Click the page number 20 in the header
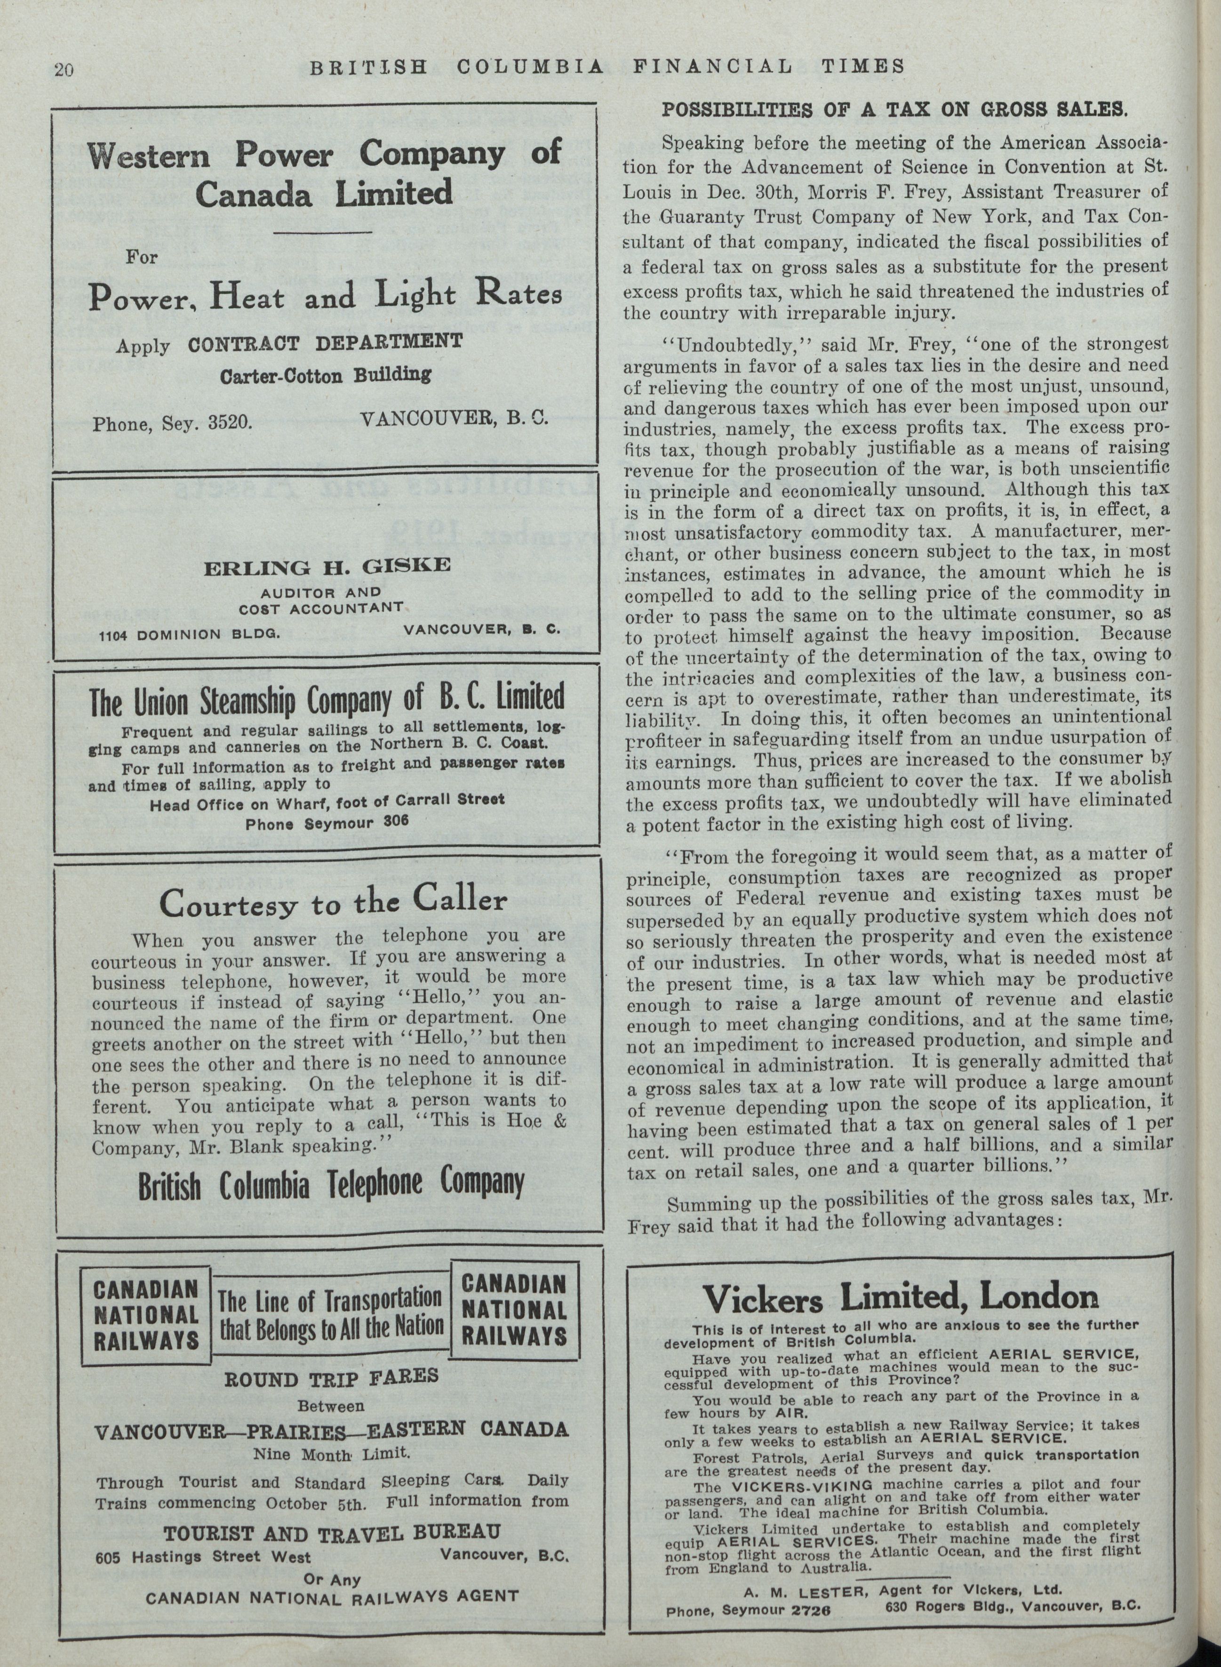pos(64,70)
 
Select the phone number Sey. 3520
pos(173,424)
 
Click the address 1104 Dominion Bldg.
pos(190,634)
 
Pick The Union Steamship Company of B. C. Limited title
pos(326,699)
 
